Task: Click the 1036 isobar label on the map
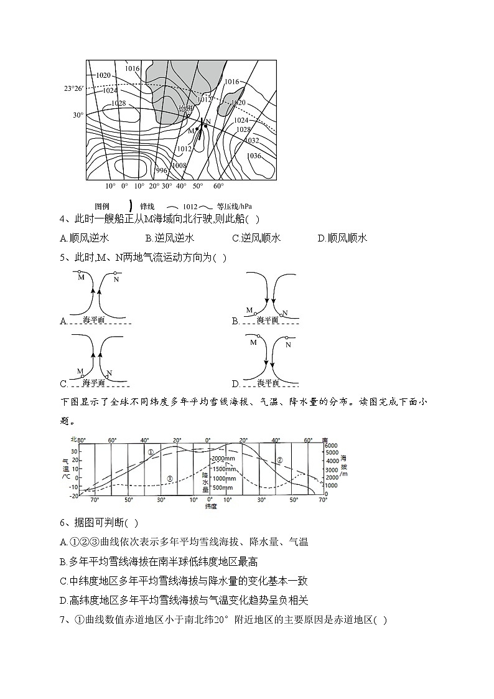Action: point(254,156)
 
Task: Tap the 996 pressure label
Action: point(162,170)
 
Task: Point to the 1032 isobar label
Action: point(251,141)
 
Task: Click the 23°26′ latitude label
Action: point(73,88)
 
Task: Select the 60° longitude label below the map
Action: point(218,186)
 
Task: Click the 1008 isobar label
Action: point(179,166)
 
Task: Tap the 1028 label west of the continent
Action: point(118,103)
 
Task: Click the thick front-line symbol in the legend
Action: point(130,205)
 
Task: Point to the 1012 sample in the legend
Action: point(190,207)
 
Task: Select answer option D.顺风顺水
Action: point(342,238)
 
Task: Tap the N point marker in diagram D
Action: point(287,339)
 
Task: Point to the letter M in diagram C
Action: point(80,371)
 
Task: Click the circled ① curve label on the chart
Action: point(151,452)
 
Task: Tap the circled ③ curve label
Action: point(170,478)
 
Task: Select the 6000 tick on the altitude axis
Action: point(331,446)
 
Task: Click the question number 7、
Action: point(65,620)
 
